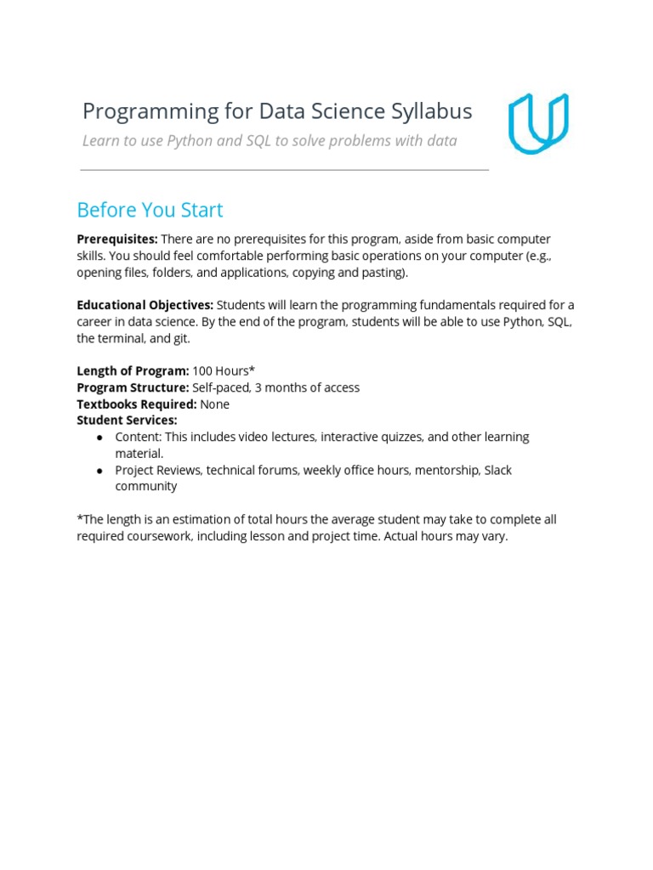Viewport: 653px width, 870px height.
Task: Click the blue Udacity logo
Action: [x=538, y=124]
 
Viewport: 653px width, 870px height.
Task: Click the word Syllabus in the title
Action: [x=430, y=111]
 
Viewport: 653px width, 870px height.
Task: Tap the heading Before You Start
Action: [x=150, y=210]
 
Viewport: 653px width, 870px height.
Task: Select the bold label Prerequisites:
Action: [x=117, y=240]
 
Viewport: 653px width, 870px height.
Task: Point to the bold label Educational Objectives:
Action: [x=145, y=305]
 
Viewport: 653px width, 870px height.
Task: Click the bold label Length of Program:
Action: [x=133, y=371]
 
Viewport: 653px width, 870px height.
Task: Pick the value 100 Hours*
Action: [x=224, y=371]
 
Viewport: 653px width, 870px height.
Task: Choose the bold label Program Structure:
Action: [x=133, y=387]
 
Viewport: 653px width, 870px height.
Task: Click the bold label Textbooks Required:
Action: [x=136, y=404]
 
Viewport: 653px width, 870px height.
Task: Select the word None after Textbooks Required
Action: [x=214, y=404]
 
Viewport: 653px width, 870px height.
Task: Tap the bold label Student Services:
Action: [x=127, y=421]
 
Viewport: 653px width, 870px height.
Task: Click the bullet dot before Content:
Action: [x=100, y=438]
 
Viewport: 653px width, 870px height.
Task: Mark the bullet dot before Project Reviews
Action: [x=100, y=471]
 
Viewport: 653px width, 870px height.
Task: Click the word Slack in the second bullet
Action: [x=497, y=470]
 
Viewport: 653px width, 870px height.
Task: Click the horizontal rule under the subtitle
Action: [x=285, y=170]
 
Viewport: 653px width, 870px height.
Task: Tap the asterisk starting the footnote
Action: [x=79, y=518]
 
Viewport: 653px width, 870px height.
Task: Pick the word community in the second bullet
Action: [x=145, y=487]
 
